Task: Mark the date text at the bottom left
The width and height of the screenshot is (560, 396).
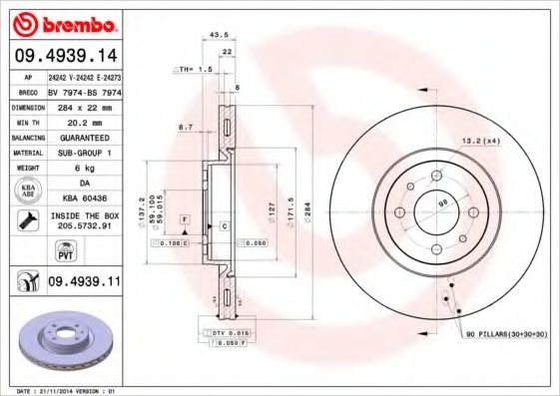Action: coord(62,390)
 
